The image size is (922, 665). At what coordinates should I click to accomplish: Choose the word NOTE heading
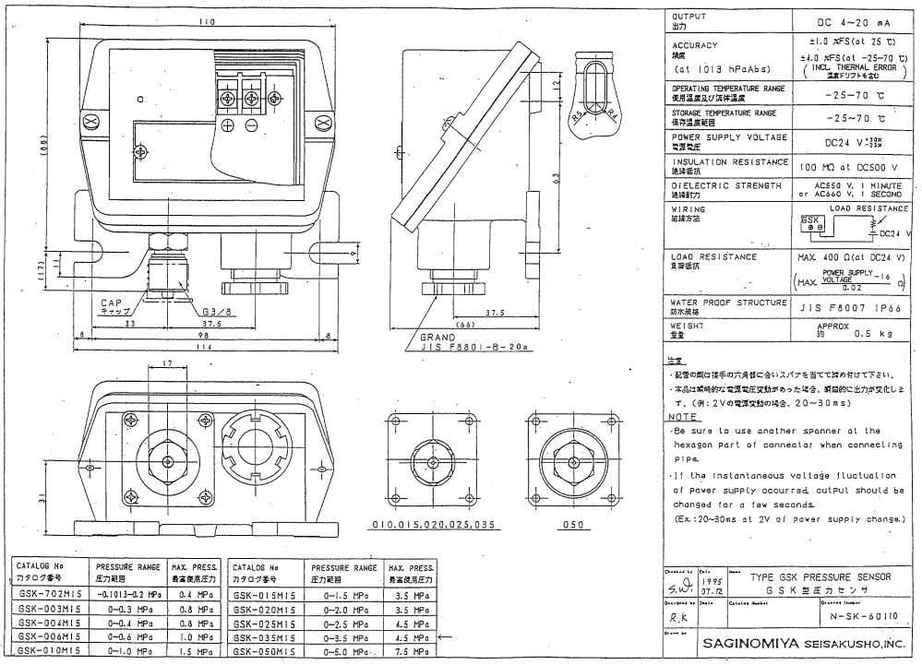(683, 417)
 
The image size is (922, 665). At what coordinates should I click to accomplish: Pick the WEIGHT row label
(689, 325)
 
